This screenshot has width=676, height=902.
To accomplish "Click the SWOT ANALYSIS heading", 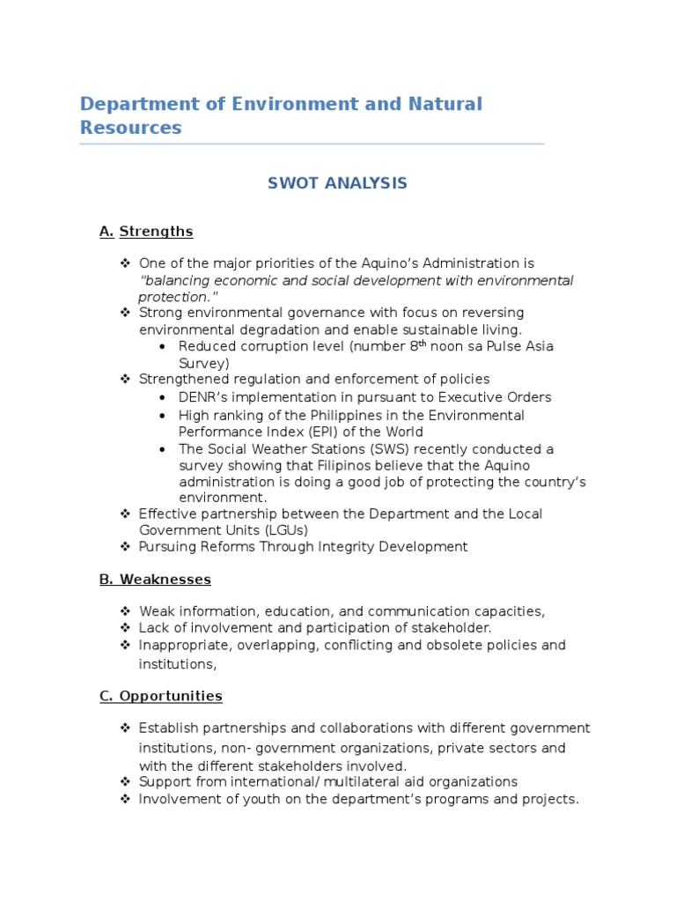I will click(337, 183).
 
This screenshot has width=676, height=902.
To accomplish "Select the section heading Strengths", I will click(156, 232).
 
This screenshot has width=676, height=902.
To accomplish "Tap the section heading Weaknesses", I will click(165, 579).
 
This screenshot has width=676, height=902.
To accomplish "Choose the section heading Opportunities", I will click(171, 696).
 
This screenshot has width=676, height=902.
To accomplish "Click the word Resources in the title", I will click(130, 128).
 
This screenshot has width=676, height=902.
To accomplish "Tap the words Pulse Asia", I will click(520, 346).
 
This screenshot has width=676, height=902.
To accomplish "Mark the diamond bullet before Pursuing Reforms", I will click(124, 546).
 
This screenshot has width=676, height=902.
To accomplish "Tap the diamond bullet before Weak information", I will click(124, 611).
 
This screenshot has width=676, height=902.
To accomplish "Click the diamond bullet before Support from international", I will click(124, 781).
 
